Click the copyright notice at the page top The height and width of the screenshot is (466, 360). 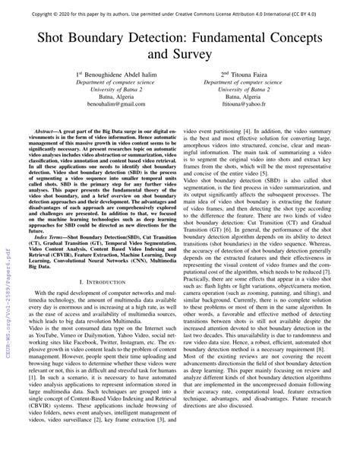(179, 13)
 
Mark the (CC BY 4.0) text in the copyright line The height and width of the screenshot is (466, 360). (331, 13)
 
